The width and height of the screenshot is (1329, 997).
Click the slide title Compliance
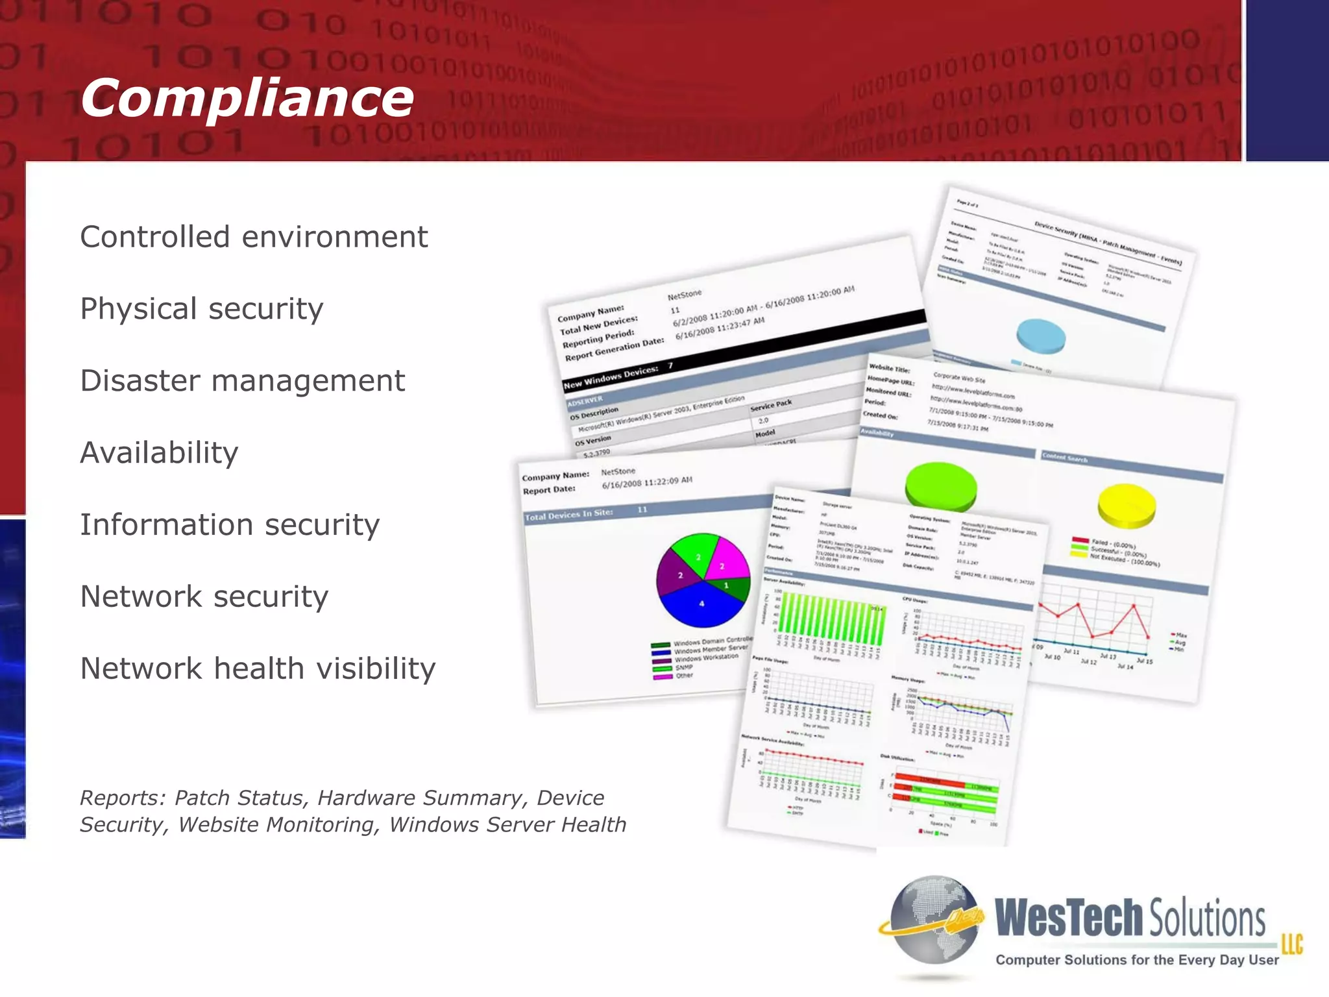pos(247,99)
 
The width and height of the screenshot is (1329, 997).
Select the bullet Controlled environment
pos(254,237)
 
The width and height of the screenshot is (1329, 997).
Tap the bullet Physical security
pos(201,309)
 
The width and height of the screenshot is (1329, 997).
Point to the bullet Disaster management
pos(242,381)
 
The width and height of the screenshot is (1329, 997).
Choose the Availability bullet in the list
pos(159,453)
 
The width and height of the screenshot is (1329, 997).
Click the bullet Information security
pos(230,525)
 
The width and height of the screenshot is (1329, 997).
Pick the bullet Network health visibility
pos(258,669)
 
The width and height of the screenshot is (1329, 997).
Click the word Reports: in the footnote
pos(123,798)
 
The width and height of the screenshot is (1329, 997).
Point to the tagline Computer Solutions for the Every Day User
pos(1137,960)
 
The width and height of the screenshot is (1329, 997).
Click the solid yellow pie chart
pos(1127,504)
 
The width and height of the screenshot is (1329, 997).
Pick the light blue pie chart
pos(1041,336)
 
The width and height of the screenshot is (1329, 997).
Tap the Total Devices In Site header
pos(568,515)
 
